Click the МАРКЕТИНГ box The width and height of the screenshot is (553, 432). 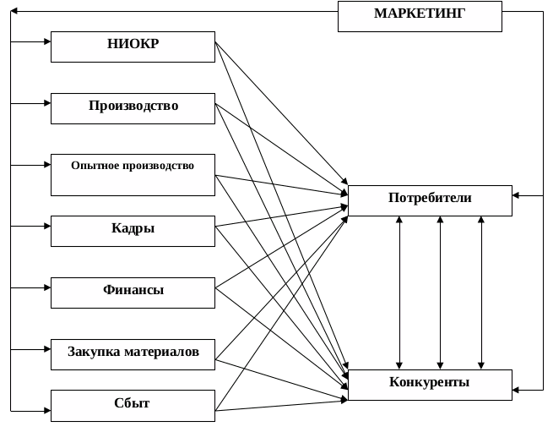click(420, 16)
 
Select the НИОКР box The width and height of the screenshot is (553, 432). click(133, 46)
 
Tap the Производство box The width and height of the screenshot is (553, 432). click(133, 107)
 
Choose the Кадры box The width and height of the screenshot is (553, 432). click(133, 230)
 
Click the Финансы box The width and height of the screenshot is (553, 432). click(133, 292)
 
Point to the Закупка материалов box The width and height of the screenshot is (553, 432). click(133, 353)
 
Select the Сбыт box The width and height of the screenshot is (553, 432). click(133, 404)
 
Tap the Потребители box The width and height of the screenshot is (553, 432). click(430, 200)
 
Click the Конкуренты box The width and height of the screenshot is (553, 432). click(430, 384)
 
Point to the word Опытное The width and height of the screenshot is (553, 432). click(95, 166)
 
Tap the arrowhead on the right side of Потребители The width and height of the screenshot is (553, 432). click(517, 196)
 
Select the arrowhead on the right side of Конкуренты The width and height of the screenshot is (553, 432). click(517, 391)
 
